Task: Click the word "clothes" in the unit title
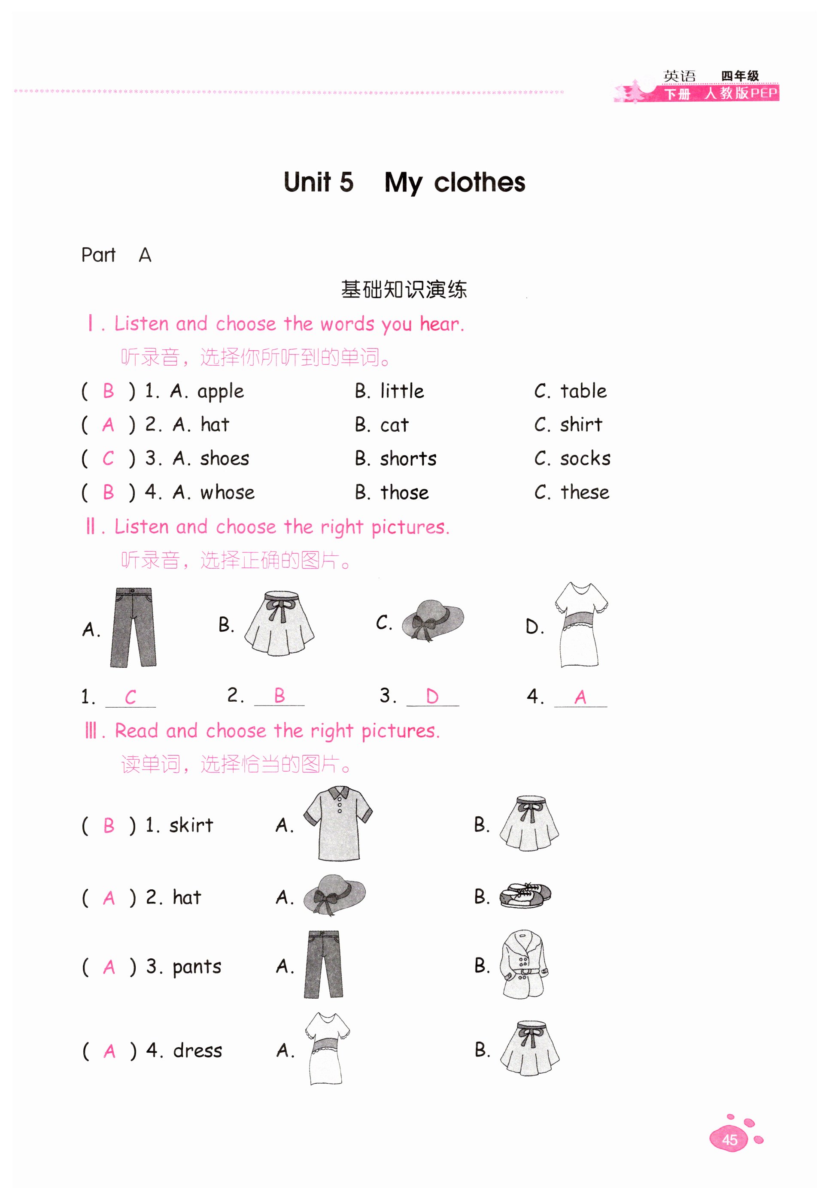click(x=480, y=182)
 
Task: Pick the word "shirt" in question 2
click(x=581, y=425)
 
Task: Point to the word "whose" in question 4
click(x=227, y=492)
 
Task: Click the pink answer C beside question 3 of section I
click(x=108, y=458)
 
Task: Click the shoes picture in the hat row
click(x=525, y=895)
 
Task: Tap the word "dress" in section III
click(x=197, y=1051)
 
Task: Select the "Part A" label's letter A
click(x=145, y=255)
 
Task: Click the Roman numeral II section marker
click(x=91, y=527)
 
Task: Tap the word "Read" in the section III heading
click(x=136, y=730)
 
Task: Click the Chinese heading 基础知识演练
click(x=404, y=289)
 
